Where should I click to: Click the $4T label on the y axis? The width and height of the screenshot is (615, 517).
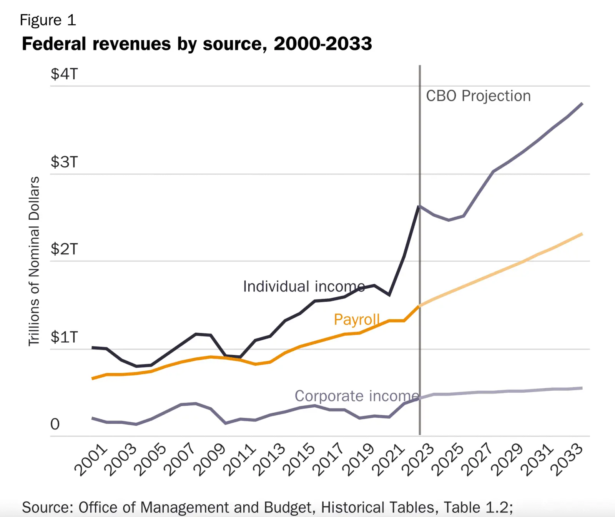(x=64, y=74)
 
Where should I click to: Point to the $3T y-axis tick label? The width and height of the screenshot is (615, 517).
(x=64, y=162)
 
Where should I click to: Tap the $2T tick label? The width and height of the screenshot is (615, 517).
(x=64, y=249)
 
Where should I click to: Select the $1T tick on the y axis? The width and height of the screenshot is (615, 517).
(x=64, y=337)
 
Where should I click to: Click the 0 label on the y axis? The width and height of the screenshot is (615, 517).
(x=55, y=424)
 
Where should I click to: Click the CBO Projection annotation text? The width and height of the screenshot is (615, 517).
(x=478, y=96)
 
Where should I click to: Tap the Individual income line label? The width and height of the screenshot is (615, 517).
(x=304, y=286)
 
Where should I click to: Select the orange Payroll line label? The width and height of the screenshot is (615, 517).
(x=357, y=320)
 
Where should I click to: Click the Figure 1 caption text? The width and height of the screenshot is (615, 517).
(x=48, y=20)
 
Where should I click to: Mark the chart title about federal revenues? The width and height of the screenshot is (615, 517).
(x=197, y=44)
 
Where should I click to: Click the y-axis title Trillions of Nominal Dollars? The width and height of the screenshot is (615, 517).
(x=34, y=261)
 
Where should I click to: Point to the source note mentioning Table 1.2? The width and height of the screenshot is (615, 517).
(x=268, y=507)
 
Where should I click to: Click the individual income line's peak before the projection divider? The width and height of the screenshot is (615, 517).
(x=419, y=207)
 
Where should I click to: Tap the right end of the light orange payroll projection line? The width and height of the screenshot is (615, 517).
(x=582, y=234)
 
